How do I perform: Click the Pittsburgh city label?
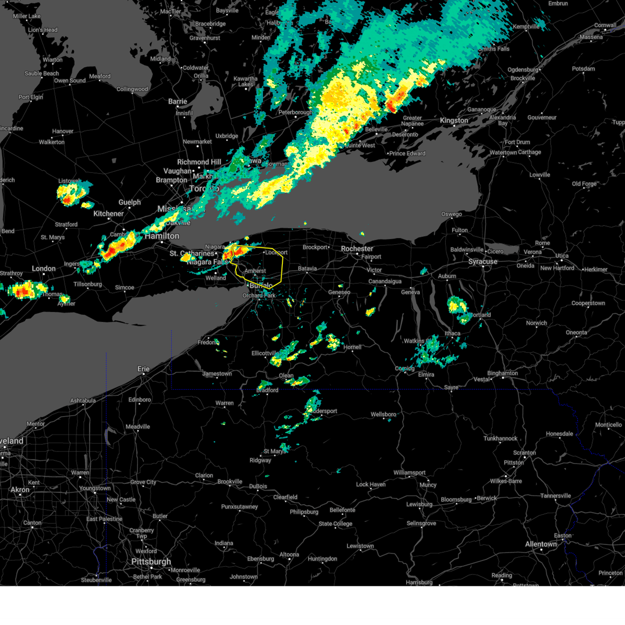pyautogui.click(x=151, y=561)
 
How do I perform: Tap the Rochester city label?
pyautogui.click(x=357, y=248)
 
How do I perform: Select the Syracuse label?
pyautogui.click(x=483, y=261)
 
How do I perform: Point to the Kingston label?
pyautogui.click(x=454, y=120)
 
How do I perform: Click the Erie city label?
pyautogui.click(x=143, y=369)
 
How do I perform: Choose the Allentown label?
pyautogui.click(x=541, y=544)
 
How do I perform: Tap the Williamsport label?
pyautogui.click(x=409, y=472)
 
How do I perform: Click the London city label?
pyautogui.click(x=44, y=268)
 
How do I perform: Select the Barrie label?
pyautogui.click(x=178, y=102)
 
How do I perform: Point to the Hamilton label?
pyautogui.click(x=162, y=236)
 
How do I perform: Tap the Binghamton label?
pyautogui.click(x=503, y=373)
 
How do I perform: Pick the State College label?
pyautogui.click(x=335, y=523)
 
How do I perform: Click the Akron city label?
pyautogui.click(x=20, y=490)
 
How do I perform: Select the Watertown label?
pyautogui.click(x=503, y=153)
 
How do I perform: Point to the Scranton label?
pyautogui.click(x=524, y=453)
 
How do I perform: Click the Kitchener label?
pyautogui.click(x=108, y=214)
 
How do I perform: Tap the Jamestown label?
pyautogui.click(x=217, y=373)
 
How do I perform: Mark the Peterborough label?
pyautogui.click(x=295, y=112)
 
